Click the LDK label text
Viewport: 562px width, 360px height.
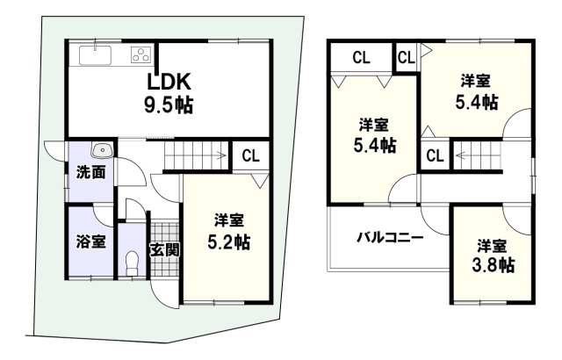pos(169,82)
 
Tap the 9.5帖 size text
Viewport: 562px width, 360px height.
pos(169,105)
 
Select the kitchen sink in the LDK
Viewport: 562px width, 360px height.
pos(95,55)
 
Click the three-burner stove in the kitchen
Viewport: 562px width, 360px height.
pos(141,54)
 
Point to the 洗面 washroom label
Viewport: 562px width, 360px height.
pos(91,173)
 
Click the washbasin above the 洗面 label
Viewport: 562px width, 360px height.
pos(103,150)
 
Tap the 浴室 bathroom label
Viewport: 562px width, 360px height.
pos(91,241)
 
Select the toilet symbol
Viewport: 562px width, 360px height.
pos(132,263)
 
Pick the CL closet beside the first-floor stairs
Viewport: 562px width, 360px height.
pos(250,156)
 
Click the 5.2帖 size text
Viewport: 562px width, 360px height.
pos(229,242)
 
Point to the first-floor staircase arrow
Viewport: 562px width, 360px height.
pos(220,155)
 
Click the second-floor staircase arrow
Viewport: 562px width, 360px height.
pos(462,155)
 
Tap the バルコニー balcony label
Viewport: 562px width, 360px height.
pos(390,237)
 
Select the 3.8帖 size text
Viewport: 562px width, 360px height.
pos(494,265)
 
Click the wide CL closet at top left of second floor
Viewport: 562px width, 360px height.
pos(361,58)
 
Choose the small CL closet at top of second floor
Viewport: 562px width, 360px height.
pos(407,57)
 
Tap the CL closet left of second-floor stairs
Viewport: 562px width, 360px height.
pos(436,155)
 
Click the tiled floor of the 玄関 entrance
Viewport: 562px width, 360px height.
pos(164,249)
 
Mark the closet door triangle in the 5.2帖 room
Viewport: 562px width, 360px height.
pos(261,181)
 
